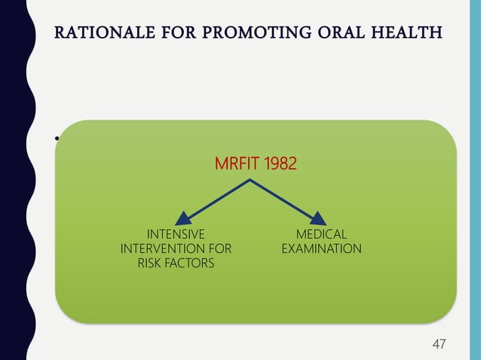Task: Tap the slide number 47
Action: click(x=437, y=344)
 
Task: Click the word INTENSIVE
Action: click(x=176, y=234)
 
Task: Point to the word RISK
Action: click(x=150, y=263)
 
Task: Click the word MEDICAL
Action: click(x=321, y=234)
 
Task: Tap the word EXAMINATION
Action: click(x=321, y=249)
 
